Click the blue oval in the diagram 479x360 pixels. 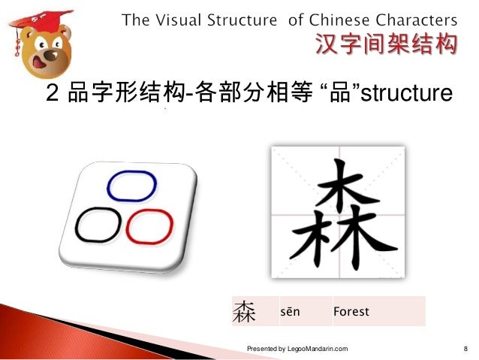tap(132, 186)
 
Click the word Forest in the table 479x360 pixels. tap(351, 310)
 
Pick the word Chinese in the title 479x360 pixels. tap(336, 20)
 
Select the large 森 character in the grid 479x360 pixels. tap(337, 213)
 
